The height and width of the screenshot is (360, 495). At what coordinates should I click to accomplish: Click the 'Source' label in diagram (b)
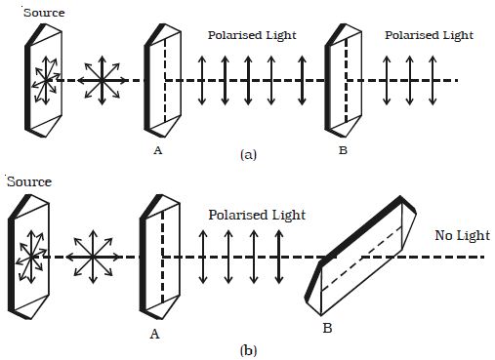tap(28, 182)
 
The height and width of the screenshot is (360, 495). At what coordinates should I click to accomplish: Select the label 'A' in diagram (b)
tap(153, 332)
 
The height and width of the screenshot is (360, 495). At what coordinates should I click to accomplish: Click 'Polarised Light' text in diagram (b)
tap(256, 215)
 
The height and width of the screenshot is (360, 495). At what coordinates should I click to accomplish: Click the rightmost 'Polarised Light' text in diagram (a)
tap(429, 35)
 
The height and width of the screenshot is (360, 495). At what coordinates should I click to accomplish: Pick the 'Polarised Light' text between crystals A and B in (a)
tap(252, 35)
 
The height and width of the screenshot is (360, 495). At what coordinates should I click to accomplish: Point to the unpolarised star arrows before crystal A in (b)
tap(95, 257)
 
